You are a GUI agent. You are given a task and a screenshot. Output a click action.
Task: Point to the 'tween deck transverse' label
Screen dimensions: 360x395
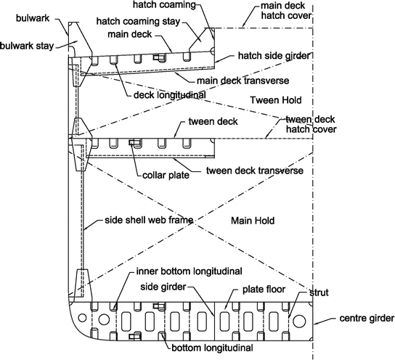tap(254, 171)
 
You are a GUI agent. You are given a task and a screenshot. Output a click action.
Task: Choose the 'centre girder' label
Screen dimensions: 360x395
tap(367, 319)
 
